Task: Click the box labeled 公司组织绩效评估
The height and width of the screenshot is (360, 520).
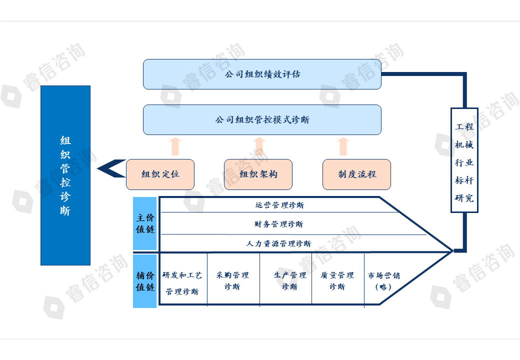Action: point(262,74)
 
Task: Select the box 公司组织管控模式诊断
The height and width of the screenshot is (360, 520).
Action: point(262,120)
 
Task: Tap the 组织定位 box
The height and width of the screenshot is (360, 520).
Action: point(160,174)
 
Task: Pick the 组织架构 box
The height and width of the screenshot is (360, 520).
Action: point(258,174)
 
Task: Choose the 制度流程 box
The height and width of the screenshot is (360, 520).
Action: point(356,174)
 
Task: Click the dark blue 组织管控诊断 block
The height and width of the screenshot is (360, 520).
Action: point(65,175)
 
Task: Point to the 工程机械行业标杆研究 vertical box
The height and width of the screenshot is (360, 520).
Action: point(464,160)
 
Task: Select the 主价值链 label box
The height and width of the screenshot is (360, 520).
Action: point(145,223)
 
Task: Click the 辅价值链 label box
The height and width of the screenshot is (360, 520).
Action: point(145,281)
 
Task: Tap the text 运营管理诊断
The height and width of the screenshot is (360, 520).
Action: point(279,205)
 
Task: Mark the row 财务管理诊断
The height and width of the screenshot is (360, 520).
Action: point(279,224)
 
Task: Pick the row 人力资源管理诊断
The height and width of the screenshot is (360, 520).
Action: point(279,244)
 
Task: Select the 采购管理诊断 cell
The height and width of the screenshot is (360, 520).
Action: point(232,281)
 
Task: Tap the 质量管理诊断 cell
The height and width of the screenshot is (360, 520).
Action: point(337,281)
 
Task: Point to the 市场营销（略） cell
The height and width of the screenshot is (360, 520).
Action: point(383,281)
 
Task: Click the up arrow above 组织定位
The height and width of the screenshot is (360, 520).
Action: point(174,146)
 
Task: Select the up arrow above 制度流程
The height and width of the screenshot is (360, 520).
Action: point(342,146)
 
